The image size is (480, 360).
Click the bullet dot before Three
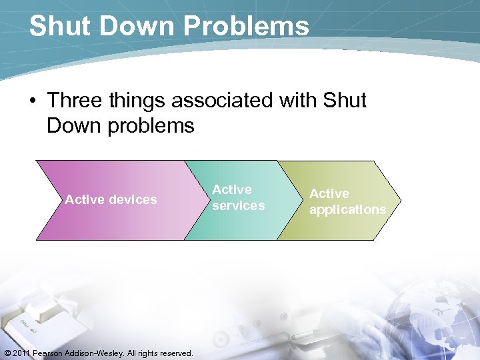(x=32, y=101)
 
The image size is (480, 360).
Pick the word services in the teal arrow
(x=238, y=206)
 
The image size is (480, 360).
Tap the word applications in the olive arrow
(x=347, y=210)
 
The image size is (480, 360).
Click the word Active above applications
(x=329, y=193)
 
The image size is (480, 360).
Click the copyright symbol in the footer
(x=7, y=353)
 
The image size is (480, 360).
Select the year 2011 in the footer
(x=22, y=353)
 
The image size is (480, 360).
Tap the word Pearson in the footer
(x=49, y=353)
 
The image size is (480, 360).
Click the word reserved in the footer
(x=175, y=353)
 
